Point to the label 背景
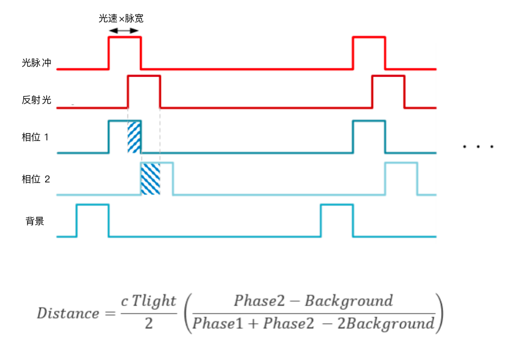[35, 221]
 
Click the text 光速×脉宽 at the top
[121, 19]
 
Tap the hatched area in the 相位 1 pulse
[134, 137]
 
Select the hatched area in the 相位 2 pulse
[151, 179]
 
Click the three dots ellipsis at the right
[479, 146]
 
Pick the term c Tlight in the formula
[148, 301]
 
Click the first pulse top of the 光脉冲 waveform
[124, 37]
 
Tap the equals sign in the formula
[110, 313]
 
